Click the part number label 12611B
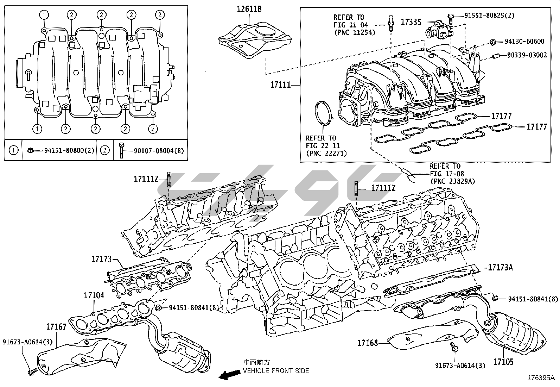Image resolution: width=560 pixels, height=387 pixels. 249,9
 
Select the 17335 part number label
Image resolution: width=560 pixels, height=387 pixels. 411,22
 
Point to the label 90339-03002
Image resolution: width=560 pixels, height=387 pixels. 527,55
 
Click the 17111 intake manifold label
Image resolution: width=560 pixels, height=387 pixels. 280,85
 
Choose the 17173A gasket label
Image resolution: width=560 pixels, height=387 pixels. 500,268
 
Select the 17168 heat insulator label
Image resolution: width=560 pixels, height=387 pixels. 368,342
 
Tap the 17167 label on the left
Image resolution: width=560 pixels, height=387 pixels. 56,327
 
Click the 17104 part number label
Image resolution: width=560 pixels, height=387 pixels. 94,295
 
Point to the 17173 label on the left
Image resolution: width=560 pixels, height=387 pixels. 101,259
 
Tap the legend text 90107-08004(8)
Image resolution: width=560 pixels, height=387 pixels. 159,150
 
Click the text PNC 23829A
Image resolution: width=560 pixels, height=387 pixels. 452,181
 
